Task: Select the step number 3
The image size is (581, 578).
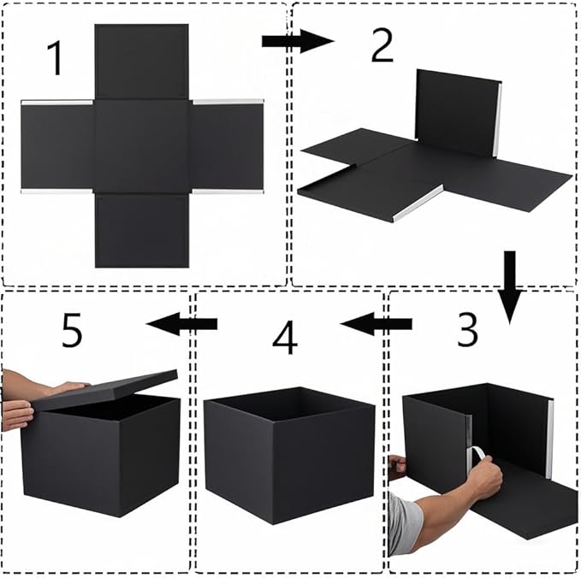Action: [x=467, y=331]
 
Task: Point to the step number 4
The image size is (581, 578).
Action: [x=285, y=339]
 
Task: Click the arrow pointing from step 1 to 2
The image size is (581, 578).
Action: [x=296, y=41]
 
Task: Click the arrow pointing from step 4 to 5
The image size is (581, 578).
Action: [x=181, y=323]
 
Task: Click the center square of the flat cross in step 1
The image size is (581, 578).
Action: [x=141, y=146]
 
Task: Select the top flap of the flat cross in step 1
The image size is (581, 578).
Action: [x=141, y=62]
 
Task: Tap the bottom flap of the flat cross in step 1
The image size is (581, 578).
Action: [x=141, y=230]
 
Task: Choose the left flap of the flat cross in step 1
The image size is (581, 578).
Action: [x=57, y=146]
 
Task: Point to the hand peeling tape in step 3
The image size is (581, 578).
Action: [x=483, y=477]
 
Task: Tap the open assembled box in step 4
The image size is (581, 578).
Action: [x=289, y=453]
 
